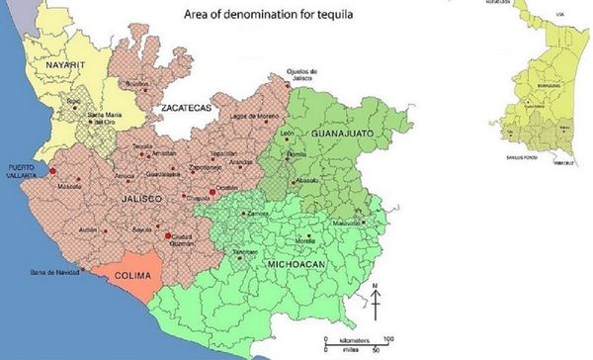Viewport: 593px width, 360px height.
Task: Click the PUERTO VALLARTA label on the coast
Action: click(27, 170)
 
